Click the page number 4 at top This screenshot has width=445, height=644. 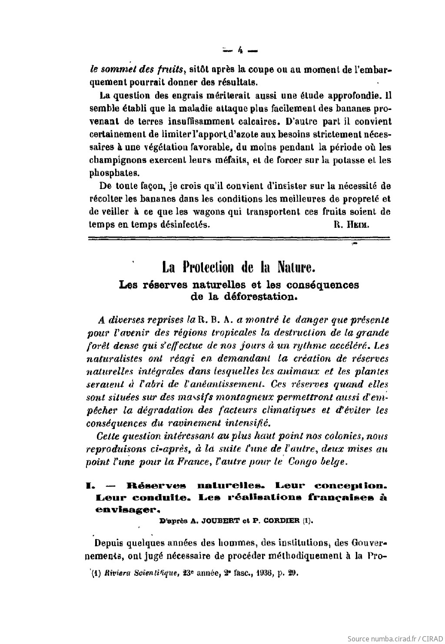(x=239, y=50)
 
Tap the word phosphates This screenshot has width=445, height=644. (x=114, y=173)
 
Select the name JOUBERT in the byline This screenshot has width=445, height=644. (x=212, y=520)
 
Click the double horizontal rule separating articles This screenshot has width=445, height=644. (x=239, y=238)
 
